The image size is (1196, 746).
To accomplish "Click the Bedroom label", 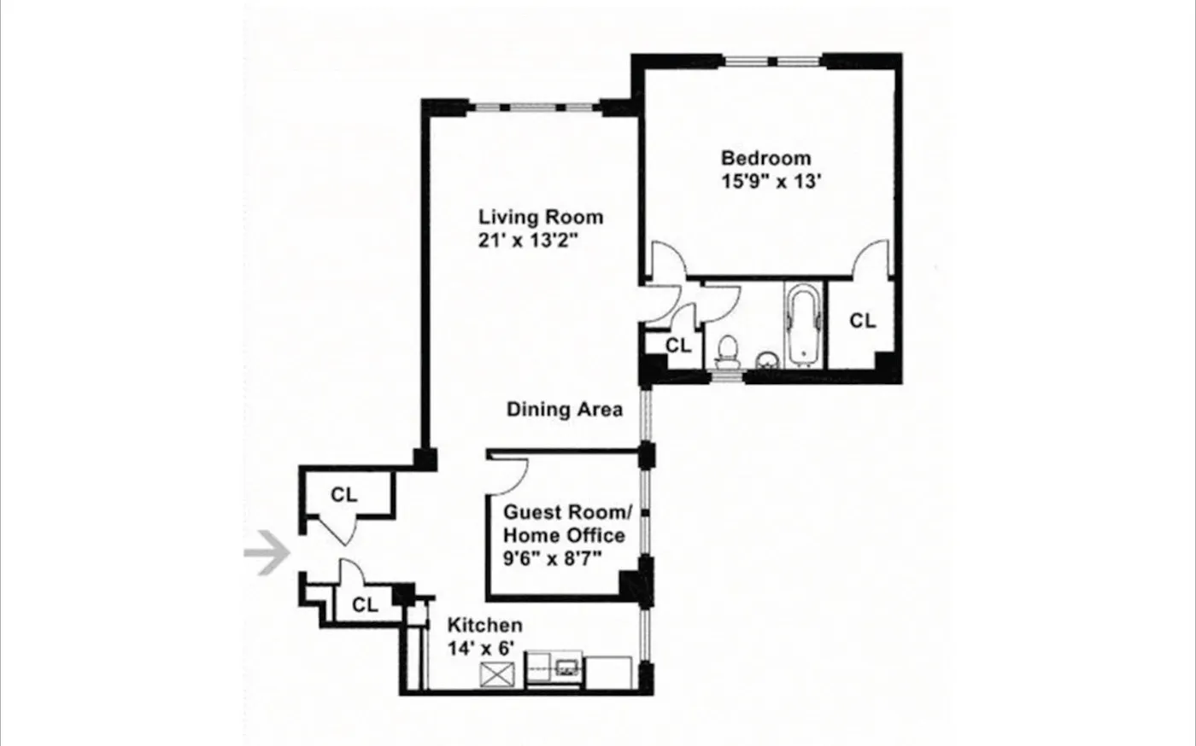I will [x=765, y=158].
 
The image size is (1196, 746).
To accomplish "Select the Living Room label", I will [x=540, y=217].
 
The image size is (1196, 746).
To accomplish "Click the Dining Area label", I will [x=564, y=410].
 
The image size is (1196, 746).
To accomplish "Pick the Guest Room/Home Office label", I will [x=565, y=524].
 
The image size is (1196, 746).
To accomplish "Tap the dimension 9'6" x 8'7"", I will [x=554, y=560].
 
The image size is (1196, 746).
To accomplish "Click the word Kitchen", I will [x=484, y=626].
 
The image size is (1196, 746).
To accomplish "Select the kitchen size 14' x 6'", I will [x=482, y=649].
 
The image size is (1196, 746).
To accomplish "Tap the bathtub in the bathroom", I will [x=804, y=325].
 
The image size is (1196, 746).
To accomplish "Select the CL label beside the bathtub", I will [x=862, y=321].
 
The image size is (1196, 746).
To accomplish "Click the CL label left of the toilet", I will [x=678, y=347].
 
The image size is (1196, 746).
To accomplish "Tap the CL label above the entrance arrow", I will [x=344, y=495].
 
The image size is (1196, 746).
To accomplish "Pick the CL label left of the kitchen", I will [x=365, y=605].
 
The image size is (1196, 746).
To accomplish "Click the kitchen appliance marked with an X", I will [x=496, y=674].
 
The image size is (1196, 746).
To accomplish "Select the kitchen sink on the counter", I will [x=566, y=666].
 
